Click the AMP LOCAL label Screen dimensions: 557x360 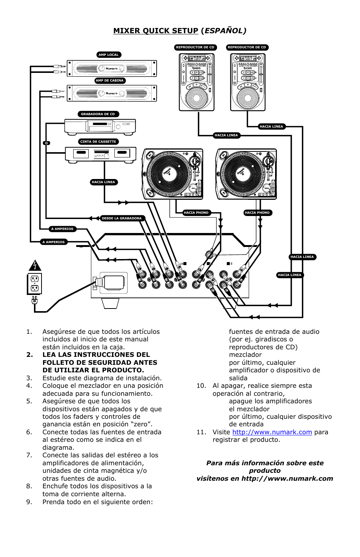(x=109, y=55)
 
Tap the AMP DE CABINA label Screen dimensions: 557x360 (x=109, y=80)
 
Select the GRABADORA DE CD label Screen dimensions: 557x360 (x=98, y=114)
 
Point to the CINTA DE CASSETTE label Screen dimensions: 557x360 (x=98, y=142)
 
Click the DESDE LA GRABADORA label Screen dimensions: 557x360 (x=122, y=218)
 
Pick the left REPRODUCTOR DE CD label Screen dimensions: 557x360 (x=195, y=47)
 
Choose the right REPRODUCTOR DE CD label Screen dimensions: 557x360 (x=247, y=47)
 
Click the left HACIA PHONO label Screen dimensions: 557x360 (x=196, y=213)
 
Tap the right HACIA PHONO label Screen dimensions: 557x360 (x=257, y=213)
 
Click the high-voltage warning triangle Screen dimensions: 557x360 (x=35, y=265)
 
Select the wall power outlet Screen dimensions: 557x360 (x=35, y=284)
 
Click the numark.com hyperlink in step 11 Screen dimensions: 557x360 (x=272, y=432)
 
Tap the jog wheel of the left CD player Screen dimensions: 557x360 (x=196, y=98)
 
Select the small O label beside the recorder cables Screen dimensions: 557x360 (x=46, y=143)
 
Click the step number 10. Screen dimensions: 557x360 (x=201, y=386)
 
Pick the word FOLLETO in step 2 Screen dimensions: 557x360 (x=59, y=363)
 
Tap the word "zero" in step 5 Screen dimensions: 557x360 (x=141, y=424)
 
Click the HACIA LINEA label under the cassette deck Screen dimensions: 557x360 (x=103, y=182)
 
